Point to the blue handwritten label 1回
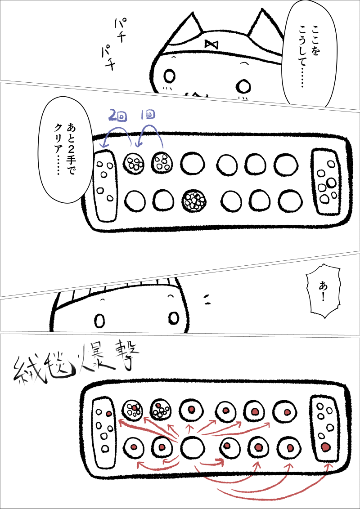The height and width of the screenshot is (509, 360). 148,116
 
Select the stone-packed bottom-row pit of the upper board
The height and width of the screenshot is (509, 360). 194,201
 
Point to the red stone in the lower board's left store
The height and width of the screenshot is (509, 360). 109,414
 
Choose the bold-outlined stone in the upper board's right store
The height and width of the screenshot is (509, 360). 331,183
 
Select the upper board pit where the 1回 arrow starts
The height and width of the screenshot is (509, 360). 162,162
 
